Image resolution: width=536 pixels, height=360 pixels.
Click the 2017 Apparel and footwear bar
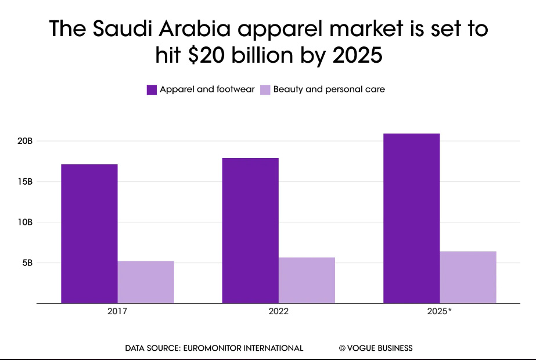click(x=89, y=233)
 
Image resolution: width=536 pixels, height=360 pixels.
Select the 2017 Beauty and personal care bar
click(x=146, y=282)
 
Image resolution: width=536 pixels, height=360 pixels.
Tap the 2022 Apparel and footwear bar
click(x=250, y=231)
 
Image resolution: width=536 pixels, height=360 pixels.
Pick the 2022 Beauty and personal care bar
click(x=307, y=280)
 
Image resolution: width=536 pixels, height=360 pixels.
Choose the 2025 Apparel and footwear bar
click(x=412, y=218)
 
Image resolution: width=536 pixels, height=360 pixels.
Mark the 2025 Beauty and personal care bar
click(x=468, y=278)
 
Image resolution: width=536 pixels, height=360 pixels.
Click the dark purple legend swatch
click(x=152, y=89)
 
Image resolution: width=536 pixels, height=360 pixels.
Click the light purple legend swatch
click(x=265, y=89)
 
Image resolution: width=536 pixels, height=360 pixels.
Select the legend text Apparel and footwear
click(x=207, y=89)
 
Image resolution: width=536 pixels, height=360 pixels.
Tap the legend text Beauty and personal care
click(x=329, y=89)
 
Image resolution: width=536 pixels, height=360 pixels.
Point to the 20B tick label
click(x=25, y=141)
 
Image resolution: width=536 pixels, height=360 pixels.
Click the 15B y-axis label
click(x=25, y=182)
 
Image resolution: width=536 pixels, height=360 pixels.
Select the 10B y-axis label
click(x=25, y=222)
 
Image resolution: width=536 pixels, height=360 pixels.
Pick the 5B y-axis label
click(x=27, y=262)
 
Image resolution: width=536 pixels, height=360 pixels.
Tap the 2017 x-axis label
click(x=117, y=311)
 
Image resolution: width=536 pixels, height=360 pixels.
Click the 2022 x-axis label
click(x=278, y=311)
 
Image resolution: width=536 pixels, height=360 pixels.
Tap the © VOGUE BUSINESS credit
click(x=376, y=348)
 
